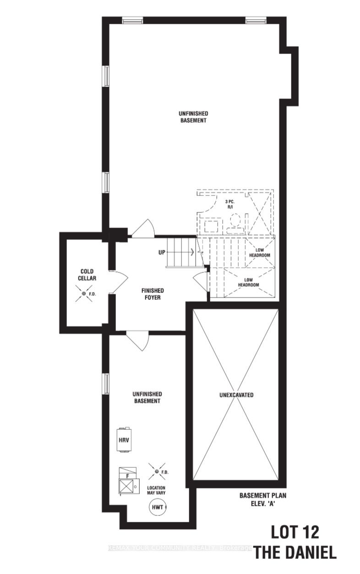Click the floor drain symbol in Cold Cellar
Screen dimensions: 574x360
84,293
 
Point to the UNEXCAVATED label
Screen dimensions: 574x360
236,395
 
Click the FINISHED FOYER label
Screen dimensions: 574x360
153,294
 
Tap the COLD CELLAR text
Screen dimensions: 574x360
86,275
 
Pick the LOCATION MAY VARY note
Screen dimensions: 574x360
156,491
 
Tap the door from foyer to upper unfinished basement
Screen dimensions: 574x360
145,229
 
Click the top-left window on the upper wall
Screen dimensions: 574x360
132,20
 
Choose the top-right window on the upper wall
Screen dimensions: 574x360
256,20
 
